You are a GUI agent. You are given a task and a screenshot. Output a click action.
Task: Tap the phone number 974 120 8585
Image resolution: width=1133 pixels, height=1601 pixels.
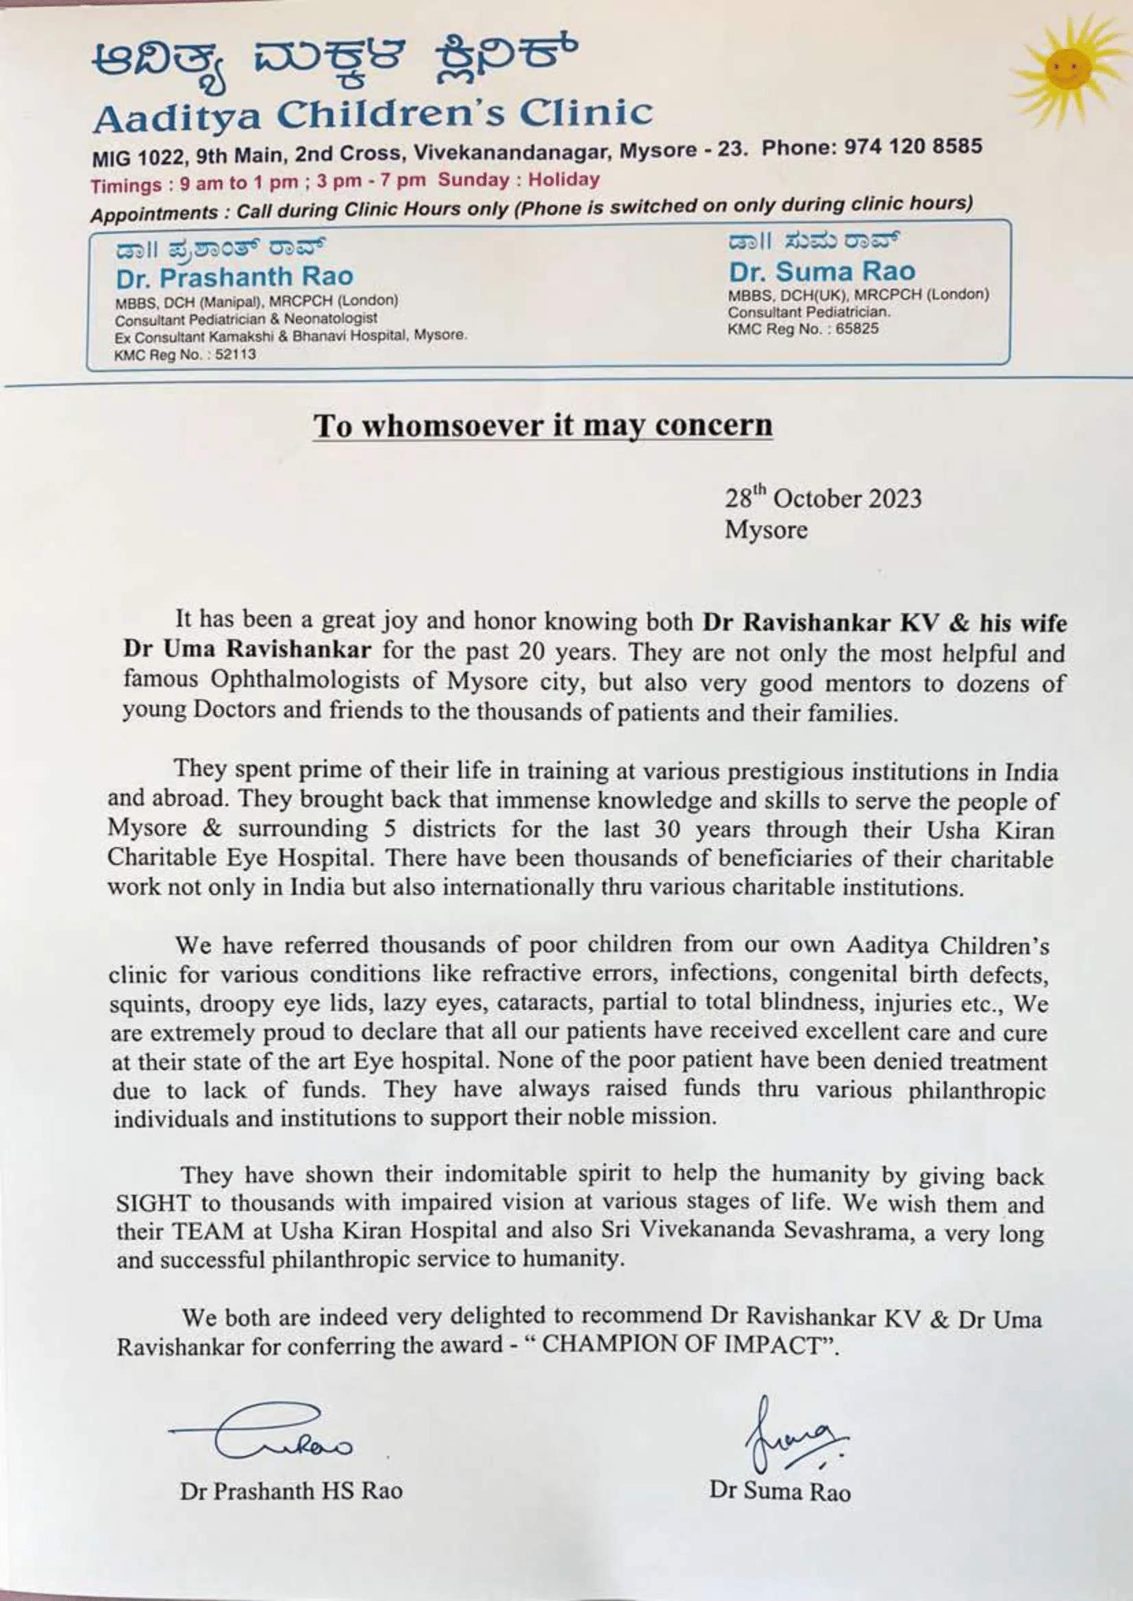coord(914,147)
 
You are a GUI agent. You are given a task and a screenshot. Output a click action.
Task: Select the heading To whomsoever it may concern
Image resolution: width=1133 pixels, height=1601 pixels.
coord(543,426)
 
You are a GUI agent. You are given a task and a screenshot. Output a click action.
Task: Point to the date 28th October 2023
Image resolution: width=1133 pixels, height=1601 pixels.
coord(823,499)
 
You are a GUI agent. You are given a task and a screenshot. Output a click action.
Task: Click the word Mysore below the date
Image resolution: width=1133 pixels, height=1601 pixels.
coord(766,530)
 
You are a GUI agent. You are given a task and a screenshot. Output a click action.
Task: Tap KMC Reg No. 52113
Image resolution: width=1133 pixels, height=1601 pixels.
coord(186,355)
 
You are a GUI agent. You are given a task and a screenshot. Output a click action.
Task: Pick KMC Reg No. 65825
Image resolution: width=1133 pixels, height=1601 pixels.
coord(803,329)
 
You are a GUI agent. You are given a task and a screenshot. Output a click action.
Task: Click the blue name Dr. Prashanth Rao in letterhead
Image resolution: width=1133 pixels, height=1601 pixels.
coord(234,277)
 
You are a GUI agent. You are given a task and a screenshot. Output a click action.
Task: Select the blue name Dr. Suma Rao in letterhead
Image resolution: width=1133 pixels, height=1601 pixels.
coord(822,271)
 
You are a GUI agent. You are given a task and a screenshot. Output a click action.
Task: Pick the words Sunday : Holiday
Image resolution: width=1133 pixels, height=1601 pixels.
coord(519,180)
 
